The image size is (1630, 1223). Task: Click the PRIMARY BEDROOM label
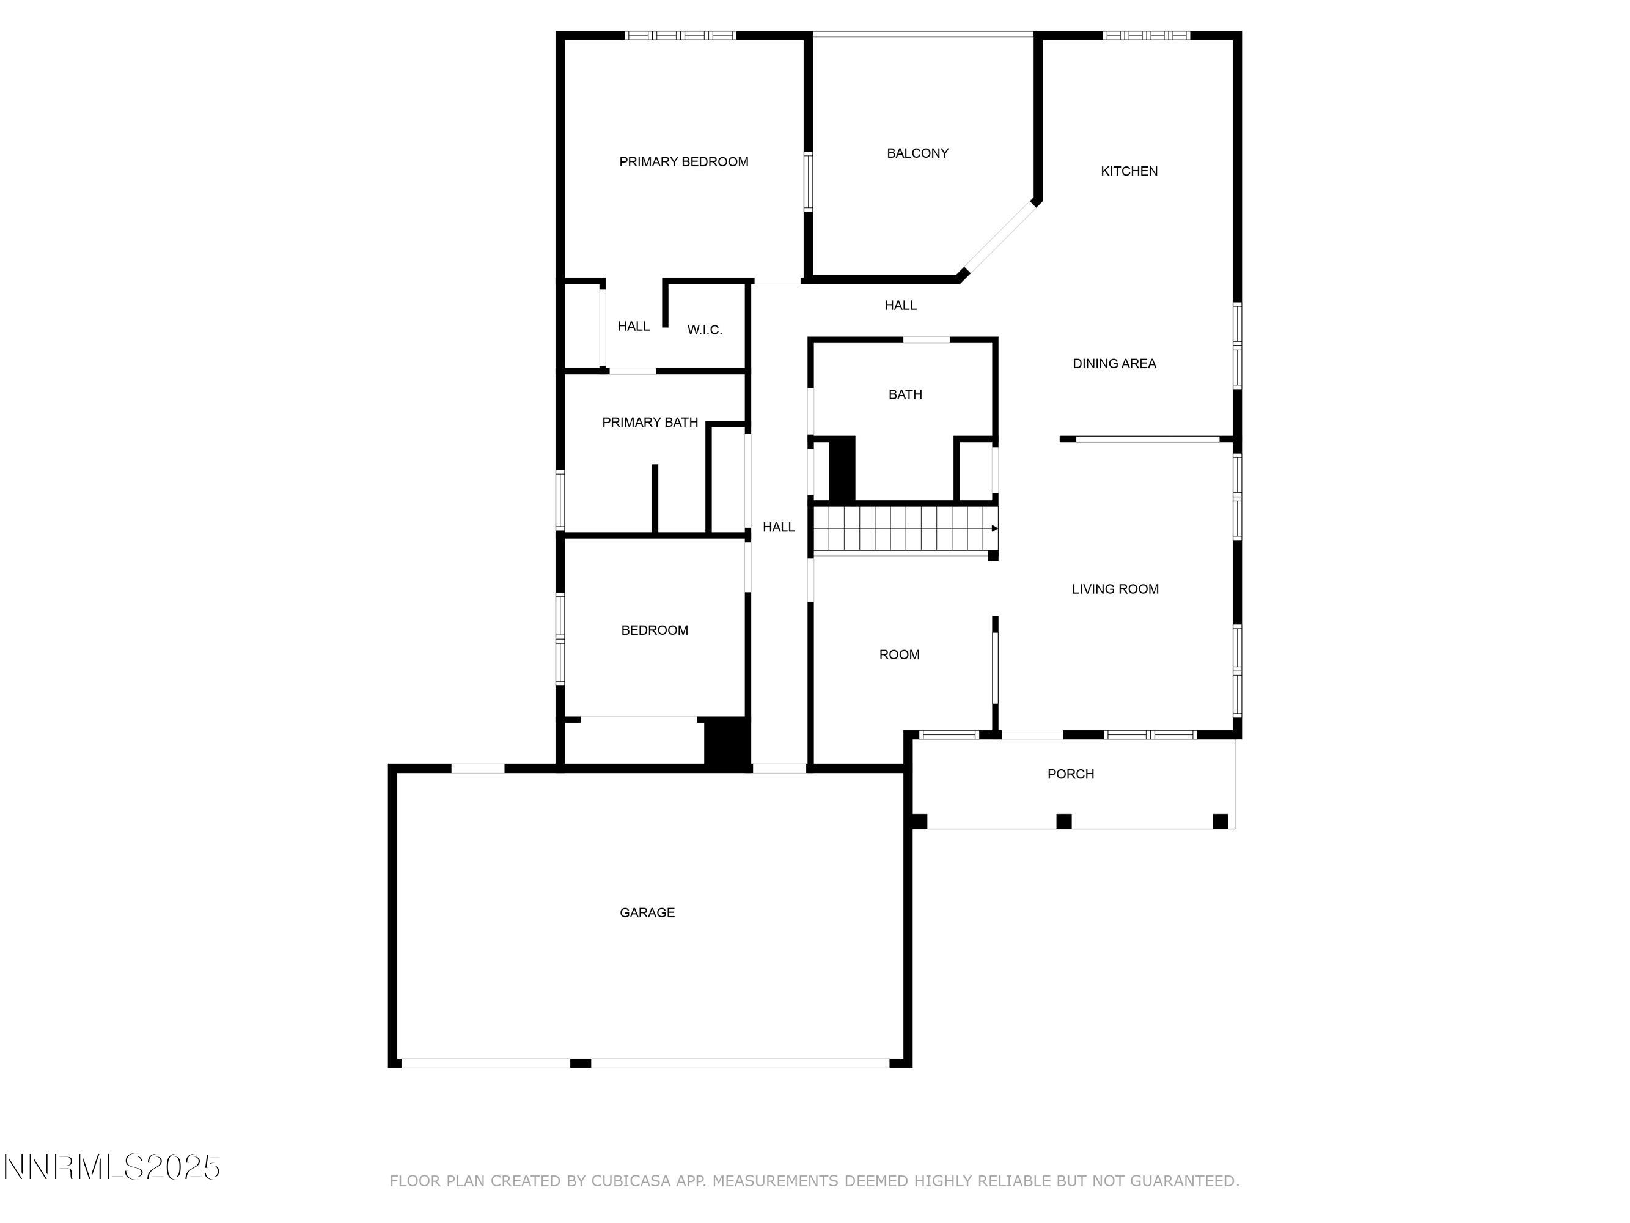click(683, 161)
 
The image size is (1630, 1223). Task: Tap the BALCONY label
click(917, 153)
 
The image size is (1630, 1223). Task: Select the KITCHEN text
click(1128, 171)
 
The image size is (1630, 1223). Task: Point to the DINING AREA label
click(1114, 363)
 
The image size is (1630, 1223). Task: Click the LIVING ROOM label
click(1114, 589)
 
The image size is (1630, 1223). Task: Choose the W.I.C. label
click(703, 330)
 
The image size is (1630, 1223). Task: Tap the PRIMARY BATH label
click(649, 423)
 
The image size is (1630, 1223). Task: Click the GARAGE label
click(646, 912)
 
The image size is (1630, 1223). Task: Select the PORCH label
click(1070, 774)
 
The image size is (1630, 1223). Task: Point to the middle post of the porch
click(1063, 821)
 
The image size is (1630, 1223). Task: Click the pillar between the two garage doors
click(580, 1062)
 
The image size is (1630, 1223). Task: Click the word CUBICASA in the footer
click(630, 1181)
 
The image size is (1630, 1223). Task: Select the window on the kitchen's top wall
click(1145, 35)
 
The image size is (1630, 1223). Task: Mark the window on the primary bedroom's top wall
click(680, 35)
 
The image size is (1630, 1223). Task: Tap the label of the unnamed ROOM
click(898, 655)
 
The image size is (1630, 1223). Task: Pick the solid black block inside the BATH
click(842, 469)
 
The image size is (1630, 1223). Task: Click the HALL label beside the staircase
click(778, 527)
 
